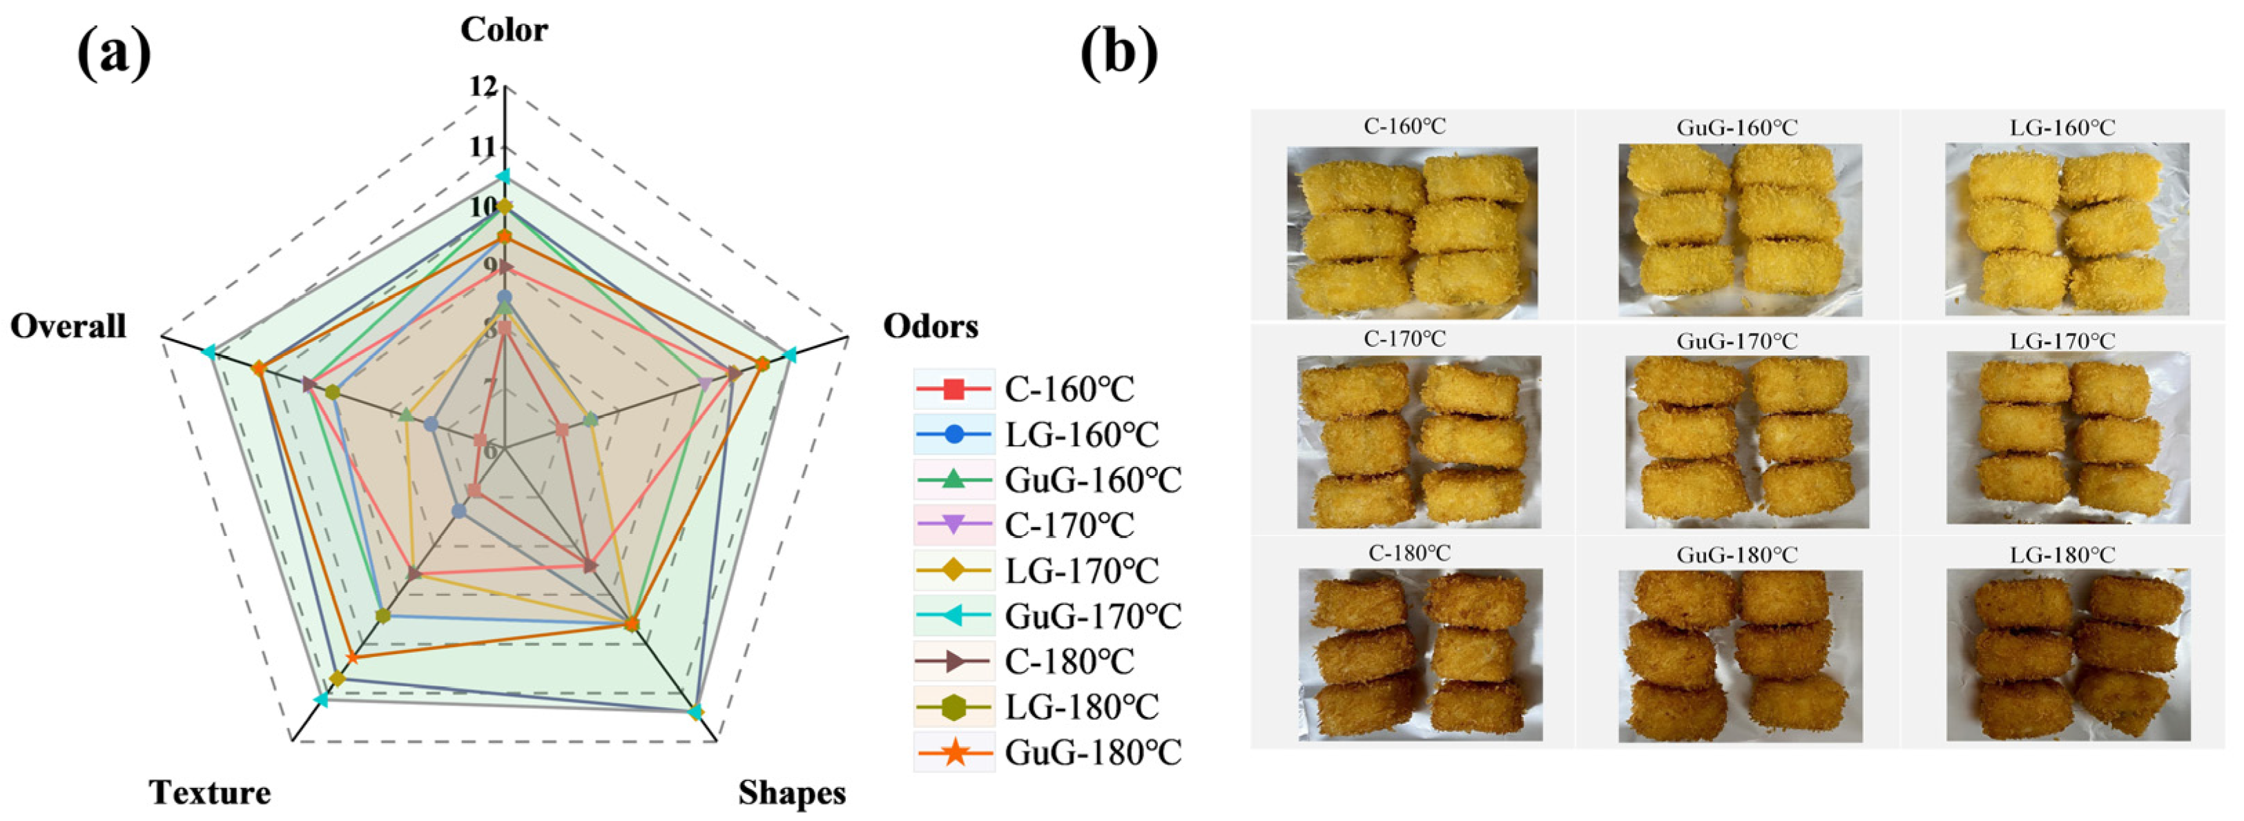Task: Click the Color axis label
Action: click(503, 30)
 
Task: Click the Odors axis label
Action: click(930, 326)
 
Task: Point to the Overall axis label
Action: click(68, 326)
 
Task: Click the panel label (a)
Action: click(113, 54)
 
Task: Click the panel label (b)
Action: click(1119, 54)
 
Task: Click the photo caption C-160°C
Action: click(1404, 127)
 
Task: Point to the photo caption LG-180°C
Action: click(2061, 555)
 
